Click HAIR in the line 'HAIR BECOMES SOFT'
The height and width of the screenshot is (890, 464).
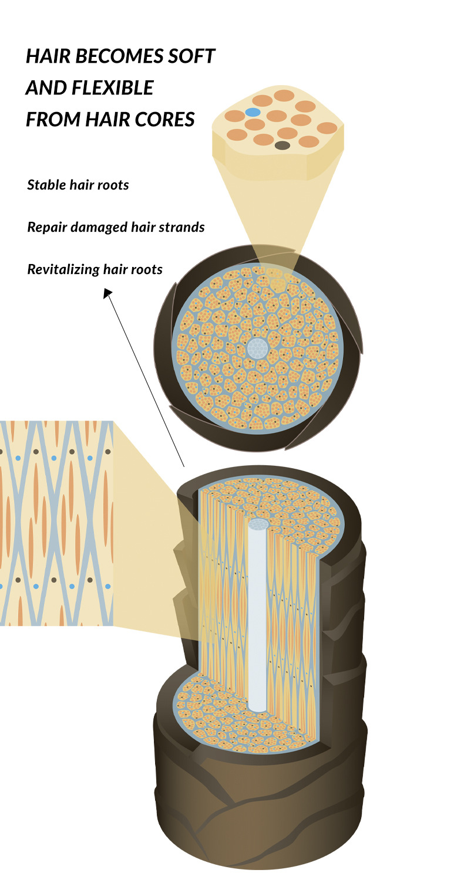[x=45, y=57]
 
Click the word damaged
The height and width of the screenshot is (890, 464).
[x=95, y=227]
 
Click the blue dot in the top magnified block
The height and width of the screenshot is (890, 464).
[x=252, y=111]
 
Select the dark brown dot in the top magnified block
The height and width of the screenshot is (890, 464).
[x=282, y=145]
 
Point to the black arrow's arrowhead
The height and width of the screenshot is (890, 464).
[x=107, y=292]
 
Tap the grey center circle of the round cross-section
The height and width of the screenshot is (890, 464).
[x=257, y=348]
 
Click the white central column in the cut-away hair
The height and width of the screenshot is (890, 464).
[x=257, y=616]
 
